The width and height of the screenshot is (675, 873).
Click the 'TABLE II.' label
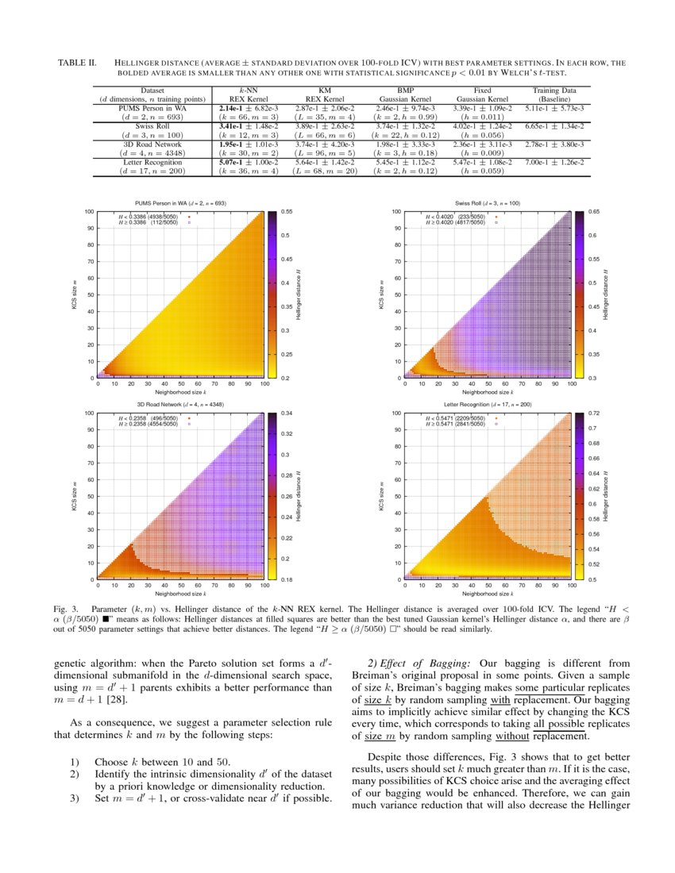pos(78,62)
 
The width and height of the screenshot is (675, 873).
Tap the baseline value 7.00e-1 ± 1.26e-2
pos(554,162)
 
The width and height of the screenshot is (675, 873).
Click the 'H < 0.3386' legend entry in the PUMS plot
pos(152,217)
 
